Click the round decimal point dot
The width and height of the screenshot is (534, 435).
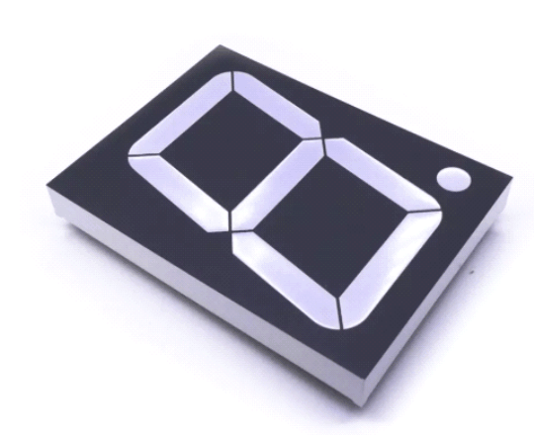[x=452, y=179]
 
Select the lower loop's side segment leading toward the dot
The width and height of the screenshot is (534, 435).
[x=380, y=173]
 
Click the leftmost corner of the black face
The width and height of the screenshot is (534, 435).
[x=46, y=184]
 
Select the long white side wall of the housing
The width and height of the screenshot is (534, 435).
[x=198, y=298]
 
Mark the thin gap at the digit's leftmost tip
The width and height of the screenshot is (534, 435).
[x=131, y=155]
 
